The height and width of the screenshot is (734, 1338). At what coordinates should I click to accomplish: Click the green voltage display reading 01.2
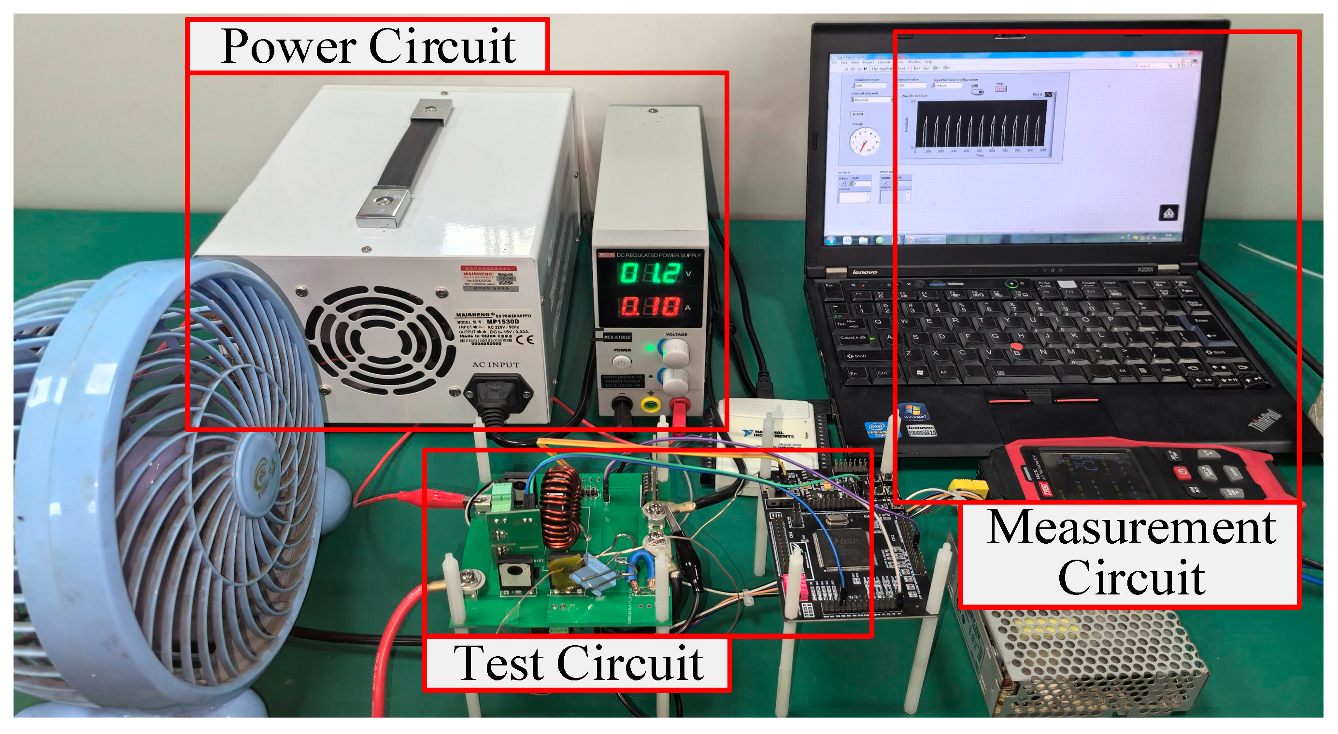coord(650,274)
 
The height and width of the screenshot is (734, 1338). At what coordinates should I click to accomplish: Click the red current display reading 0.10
coord(650,307)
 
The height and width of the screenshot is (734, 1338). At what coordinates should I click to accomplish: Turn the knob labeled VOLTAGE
coord(675,352)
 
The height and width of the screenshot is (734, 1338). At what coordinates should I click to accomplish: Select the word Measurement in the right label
coord(1131,528)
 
